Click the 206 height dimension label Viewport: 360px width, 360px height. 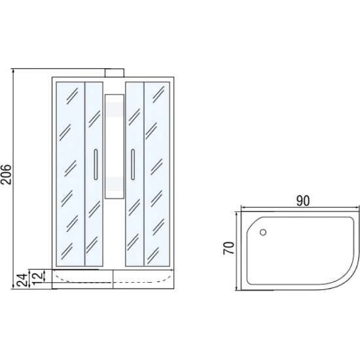[6, 174]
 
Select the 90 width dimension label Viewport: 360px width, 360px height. [303, 201]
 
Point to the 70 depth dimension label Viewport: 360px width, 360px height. [229, 248]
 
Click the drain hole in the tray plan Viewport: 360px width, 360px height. [263, 232]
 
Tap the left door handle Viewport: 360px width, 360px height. [96, 164]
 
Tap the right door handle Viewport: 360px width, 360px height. [133, 164]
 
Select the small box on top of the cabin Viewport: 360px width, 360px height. [115, 73]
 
